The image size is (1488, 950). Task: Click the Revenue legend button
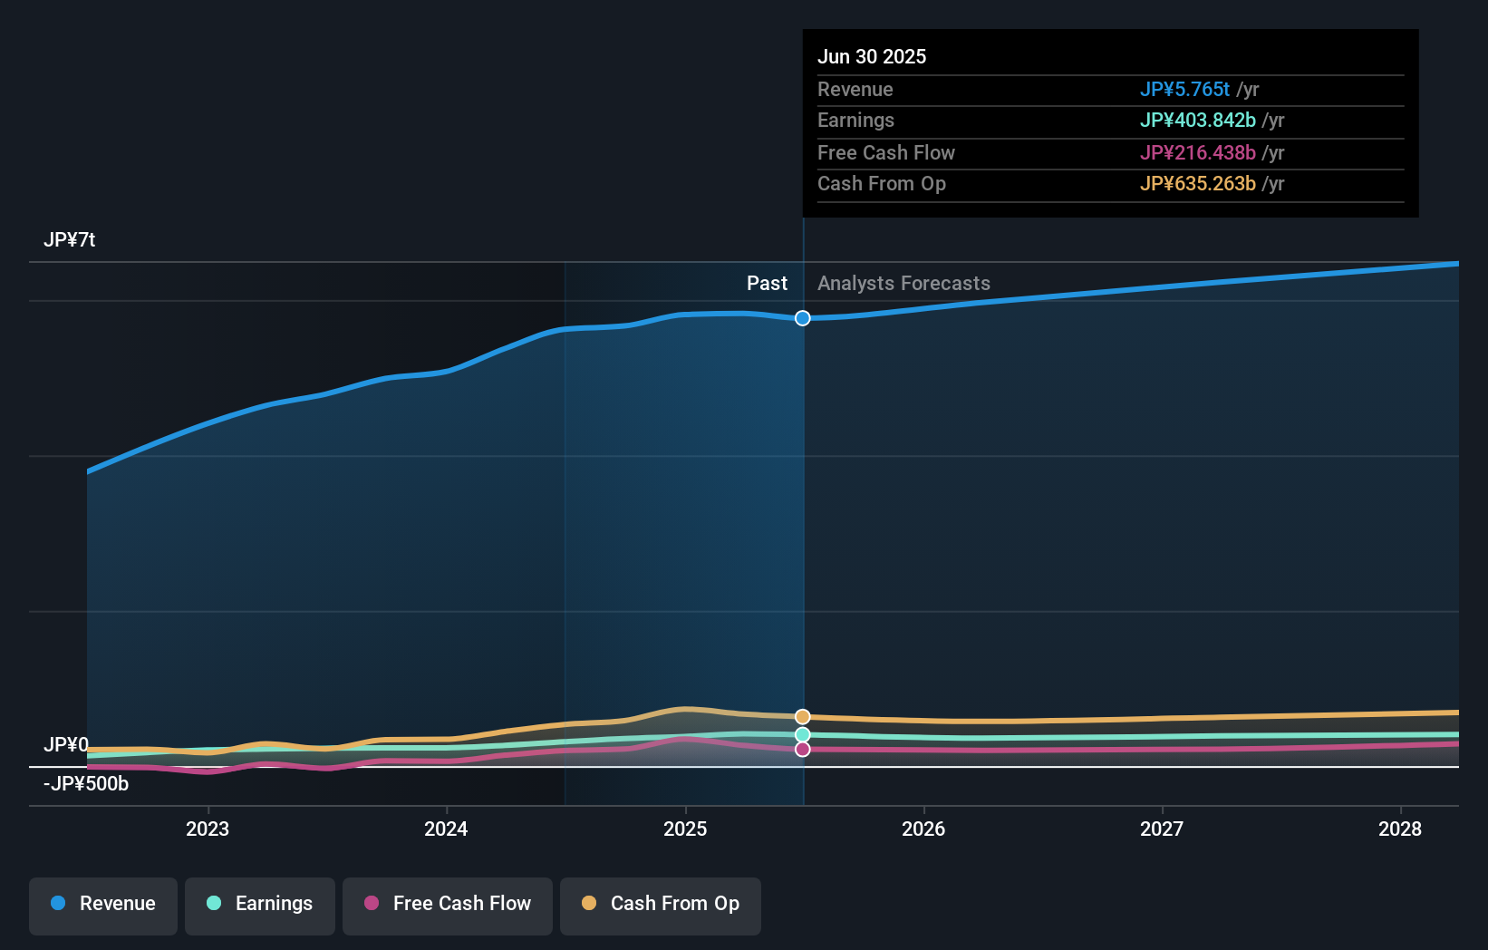point(103,905)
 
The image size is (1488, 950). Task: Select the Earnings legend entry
point(260,905)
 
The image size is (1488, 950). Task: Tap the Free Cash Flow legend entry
point(448,905)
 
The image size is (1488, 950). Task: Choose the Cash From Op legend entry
point(661,905)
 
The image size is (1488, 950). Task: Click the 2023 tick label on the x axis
point(208,829)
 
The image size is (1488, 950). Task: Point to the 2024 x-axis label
point(446,829)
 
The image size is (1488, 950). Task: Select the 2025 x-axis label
point(685,829)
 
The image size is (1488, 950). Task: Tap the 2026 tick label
point(923,829)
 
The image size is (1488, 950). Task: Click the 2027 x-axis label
point(1162,829)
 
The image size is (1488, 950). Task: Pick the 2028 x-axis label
point(1400,829)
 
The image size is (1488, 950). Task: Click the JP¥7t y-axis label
point(70,240)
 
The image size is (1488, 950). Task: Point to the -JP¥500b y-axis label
point(86,784)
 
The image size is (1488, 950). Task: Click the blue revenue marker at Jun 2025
point(803,318)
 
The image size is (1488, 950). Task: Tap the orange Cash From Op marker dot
point(803,717)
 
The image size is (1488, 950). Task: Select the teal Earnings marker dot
point(803,735)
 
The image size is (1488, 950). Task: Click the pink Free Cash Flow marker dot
point(803,750)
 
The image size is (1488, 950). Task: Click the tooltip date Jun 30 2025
point(872,57)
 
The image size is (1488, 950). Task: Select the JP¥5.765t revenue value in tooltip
point(1184,90)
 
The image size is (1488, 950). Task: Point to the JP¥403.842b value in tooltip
point(1197,121)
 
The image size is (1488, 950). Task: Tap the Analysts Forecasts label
point(903,284)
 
